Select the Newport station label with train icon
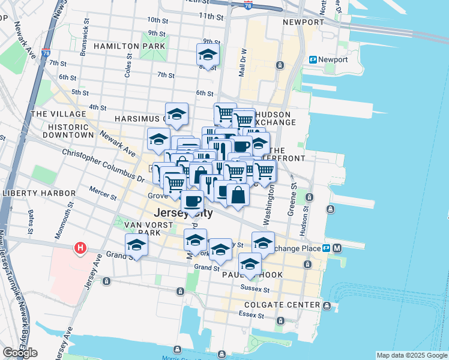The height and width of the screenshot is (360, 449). click(x=329, y=59)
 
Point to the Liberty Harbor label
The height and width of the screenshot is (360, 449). click(x=40, y=193)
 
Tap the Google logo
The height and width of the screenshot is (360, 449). click(x=20, y=353)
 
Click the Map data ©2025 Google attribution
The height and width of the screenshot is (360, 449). click(x=412, y=355)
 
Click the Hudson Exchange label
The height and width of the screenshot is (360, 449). click(x=274, y=118)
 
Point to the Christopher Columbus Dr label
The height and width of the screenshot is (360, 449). click(x=103, y=166)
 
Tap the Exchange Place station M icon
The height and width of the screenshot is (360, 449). click(x=337, y=248)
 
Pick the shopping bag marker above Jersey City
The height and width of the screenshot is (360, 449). click(x=238, y=195)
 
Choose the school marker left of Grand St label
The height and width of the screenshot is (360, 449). click(x=137, y=245)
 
